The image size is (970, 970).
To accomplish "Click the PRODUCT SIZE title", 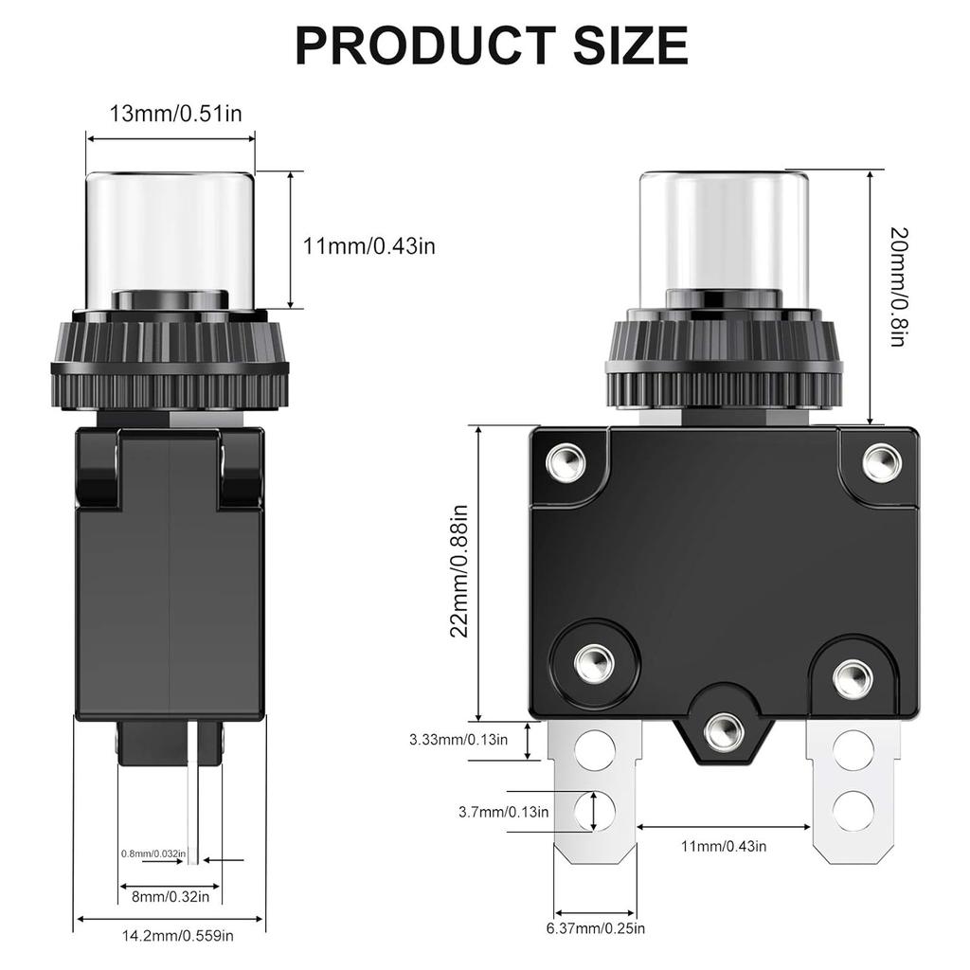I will tap(491, 45).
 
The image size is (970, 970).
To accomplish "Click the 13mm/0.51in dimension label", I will tap(176, 114).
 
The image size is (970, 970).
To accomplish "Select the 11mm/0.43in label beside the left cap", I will tap(369, 246).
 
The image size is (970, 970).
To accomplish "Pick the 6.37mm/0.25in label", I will tap(596, 928).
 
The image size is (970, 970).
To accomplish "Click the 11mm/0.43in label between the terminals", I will tap(724, 845).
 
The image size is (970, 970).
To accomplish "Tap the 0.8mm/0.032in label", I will tap(153, 853).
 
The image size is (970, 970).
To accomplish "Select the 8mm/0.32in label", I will tap(171, 895).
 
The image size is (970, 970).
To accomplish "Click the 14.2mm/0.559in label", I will tap(177, 936).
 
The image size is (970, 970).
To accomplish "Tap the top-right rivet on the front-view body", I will tap(881, 461).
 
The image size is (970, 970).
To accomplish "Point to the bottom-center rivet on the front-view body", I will tap(724, 728).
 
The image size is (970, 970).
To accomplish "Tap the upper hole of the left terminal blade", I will tap(595, 750).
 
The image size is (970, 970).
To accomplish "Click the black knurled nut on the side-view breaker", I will tap(171, 365).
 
